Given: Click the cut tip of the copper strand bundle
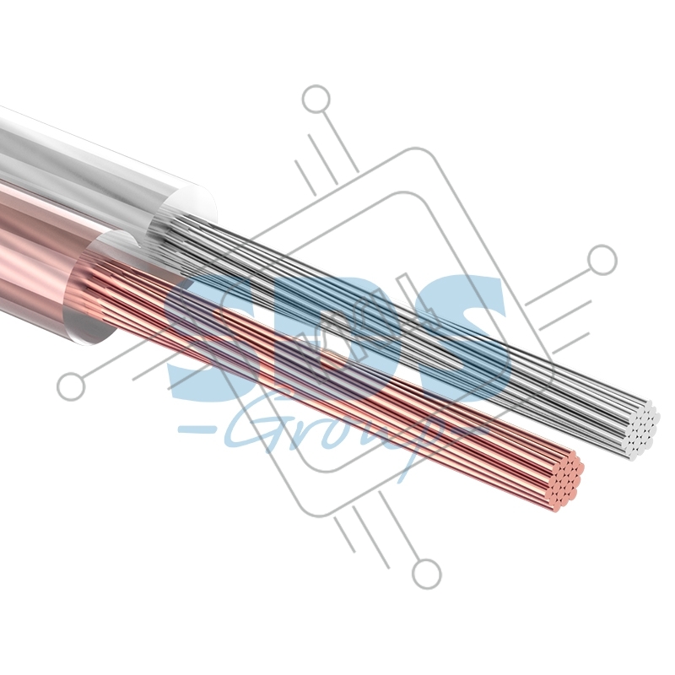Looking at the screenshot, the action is pos(564,481).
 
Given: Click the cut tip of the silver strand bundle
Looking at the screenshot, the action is pos(642,429).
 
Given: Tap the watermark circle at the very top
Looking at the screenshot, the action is pos(316,100).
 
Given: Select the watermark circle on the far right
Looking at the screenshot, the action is pos(602,260).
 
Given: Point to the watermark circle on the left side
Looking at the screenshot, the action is pos(71,386).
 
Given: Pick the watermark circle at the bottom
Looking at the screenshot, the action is pos(427,574).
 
